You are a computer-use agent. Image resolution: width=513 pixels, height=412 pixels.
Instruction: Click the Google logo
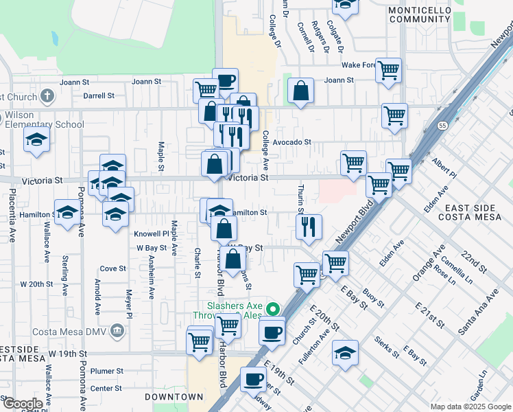coord(22,404)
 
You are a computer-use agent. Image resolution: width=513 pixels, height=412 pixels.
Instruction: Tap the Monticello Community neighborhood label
coord(419,14)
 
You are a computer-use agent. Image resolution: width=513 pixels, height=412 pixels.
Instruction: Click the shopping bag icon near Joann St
coord(300,91)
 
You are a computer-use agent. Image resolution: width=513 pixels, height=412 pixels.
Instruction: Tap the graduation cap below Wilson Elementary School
coord(37,141)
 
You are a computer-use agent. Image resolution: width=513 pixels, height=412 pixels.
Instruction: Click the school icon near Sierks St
coord(345,354)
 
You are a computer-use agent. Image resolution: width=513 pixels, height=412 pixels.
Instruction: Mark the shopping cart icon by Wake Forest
coord(389,69)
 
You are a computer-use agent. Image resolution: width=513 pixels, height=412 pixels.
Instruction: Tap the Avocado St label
coord(291,143)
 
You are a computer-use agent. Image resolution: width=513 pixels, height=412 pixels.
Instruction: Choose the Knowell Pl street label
coord(151,233)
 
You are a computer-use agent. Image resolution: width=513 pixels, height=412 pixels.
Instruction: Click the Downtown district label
coord(174,397)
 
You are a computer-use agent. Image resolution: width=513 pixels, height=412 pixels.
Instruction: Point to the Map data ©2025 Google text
coord(470,407)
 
